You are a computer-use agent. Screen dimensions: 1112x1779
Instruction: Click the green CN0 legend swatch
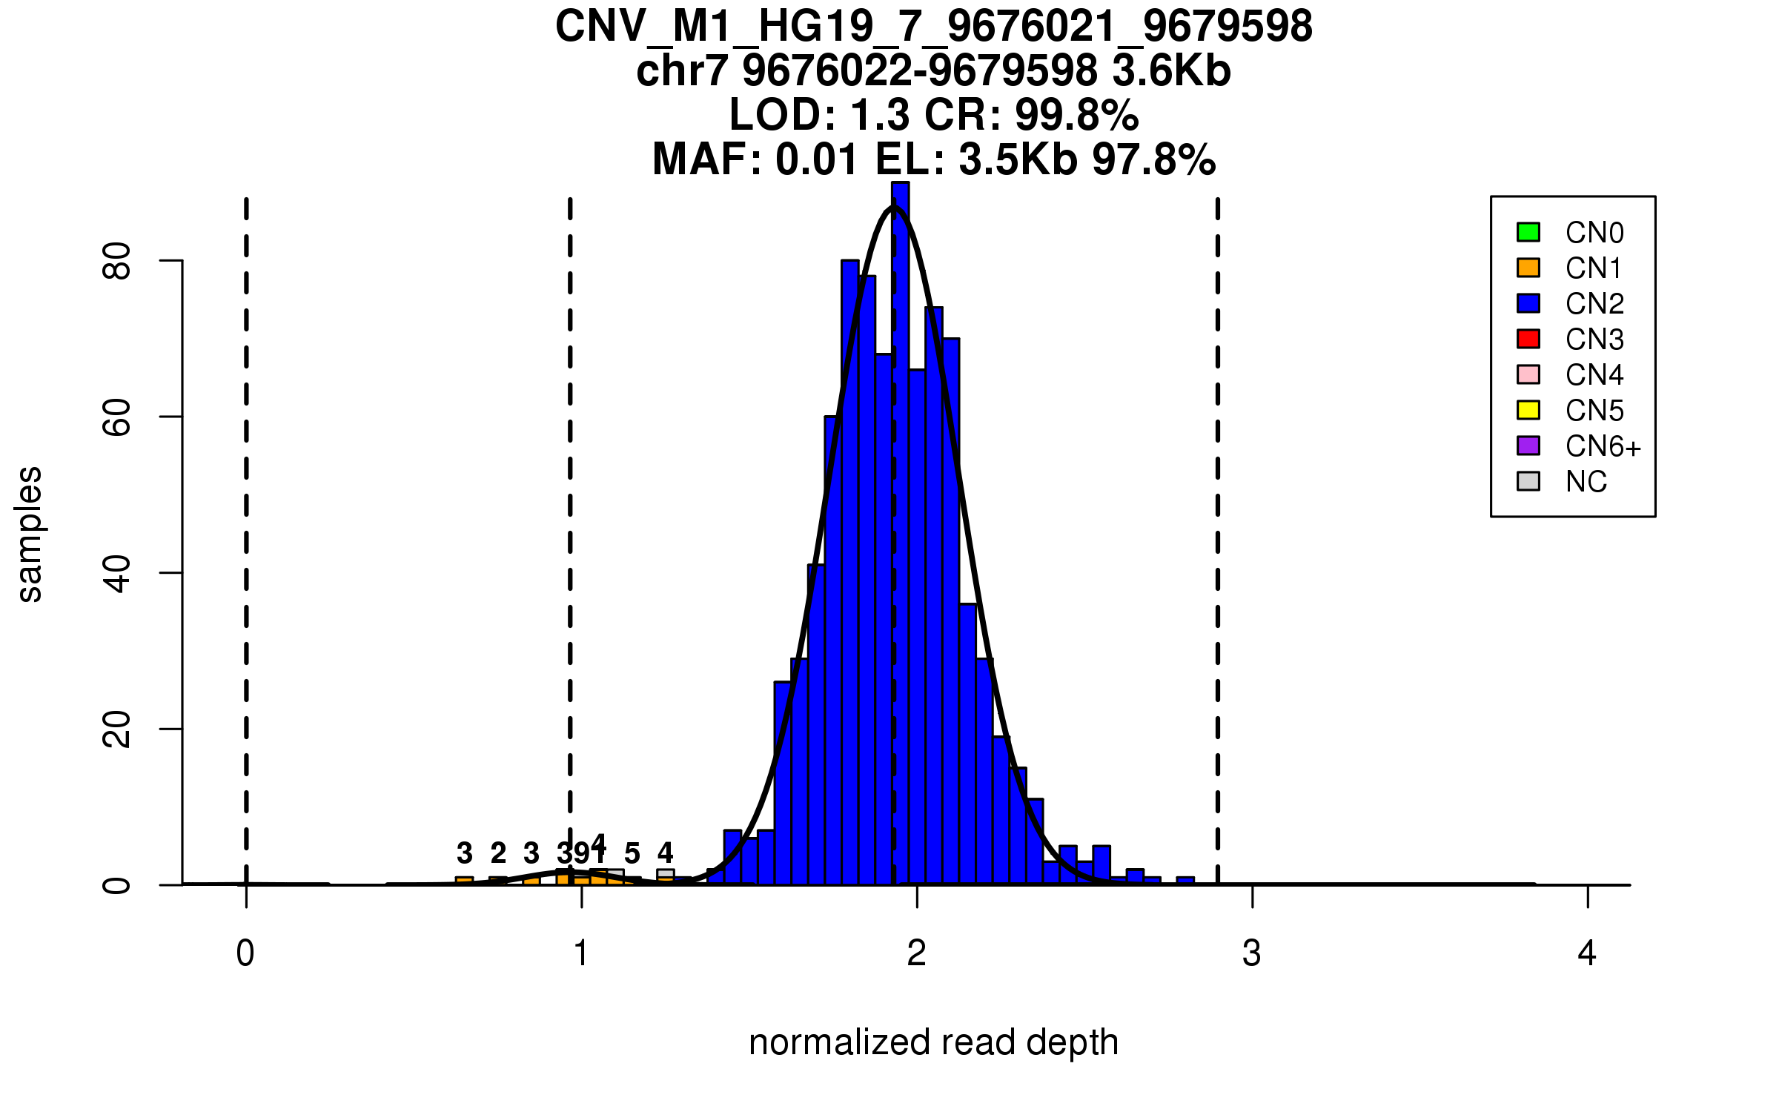click(1528, 232)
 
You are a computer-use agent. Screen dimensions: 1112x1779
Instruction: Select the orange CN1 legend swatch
click(1528, 268)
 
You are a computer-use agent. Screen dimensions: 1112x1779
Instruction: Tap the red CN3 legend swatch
click(1528, 339)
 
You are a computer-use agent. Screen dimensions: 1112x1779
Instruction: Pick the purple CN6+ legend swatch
click(1528, 446)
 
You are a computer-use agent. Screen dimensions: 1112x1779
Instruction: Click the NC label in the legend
click(1586, 482)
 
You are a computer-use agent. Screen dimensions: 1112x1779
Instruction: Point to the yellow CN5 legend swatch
click(1528, 410)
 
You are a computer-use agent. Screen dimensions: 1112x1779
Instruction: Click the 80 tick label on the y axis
click(117, 261)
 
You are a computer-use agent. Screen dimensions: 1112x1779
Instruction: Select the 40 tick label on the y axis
click(117, 573)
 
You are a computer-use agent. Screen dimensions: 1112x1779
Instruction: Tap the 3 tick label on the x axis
click(1252, 953)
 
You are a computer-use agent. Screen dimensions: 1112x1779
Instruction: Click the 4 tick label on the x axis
click(1587, 953)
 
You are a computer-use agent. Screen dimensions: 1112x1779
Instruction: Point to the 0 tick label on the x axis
click(245, 953)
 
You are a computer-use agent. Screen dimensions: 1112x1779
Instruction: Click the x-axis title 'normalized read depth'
click(933, 1042)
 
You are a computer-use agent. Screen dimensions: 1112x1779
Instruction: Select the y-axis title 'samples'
click(30, 534)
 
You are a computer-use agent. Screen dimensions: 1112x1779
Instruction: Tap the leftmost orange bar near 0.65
click(464, 881)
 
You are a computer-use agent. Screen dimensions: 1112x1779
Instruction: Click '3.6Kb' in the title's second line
click(1171, 71)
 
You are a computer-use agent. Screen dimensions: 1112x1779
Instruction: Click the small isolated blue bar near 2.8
click(1185, 881)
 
